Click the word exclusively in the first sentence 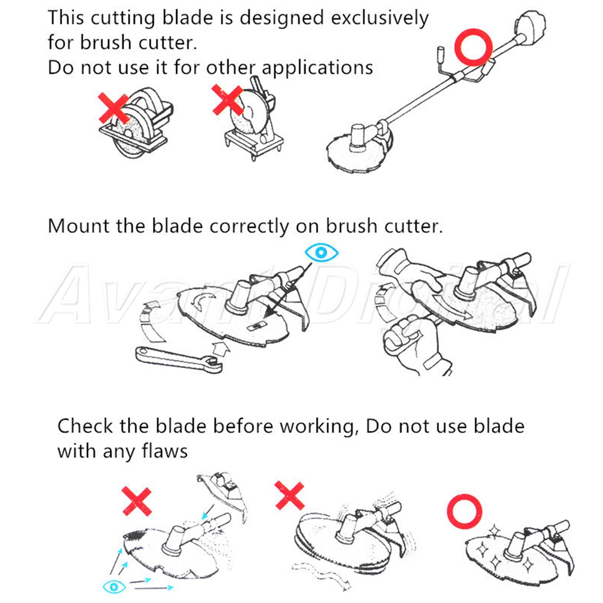click(x=379, y=18)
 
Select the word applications click(x=317, y=68)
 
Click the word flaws click(x=165, y=450)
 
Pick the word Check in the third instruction click(x=84, y=426)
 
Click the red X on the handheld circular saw click(x=113, y=108)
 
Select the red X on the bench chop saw click(x=228, y=99)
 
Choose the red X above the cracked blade click(x=136, y=501)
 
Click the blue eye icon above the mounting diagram click(x=321, y=253)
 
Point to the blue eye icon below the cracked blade click(x=114, y=587)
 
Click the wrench click(x=179, y=359)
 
